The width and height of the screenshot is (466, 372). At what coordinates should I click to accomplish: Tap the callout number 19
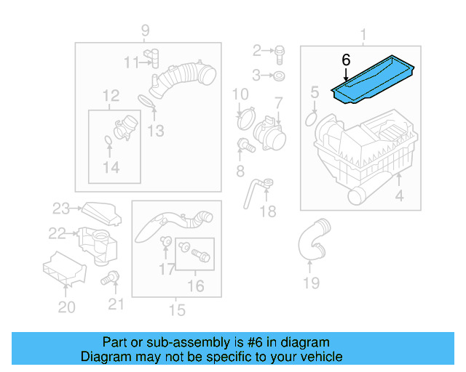(311, 283)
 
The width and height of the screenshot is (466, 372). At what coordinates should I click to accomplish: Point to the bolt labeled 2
(280, 51)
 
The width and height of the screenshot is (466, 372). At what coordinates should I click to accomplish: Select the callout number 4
(398, 195)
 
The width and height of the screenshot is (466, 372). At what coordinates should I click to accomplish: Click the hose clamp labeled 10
(245, 114)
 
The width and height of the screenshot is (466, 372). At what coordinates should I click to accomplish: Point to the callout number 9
(145, 31)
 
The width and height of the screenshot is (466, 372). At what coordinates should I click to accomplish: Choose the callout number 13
(155, 131)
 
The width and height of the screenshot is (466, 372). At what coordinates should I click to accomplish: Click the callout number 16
(196, 286)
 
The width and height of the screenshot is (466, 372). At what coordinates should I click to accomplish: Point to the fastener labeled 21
(112, 277)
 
